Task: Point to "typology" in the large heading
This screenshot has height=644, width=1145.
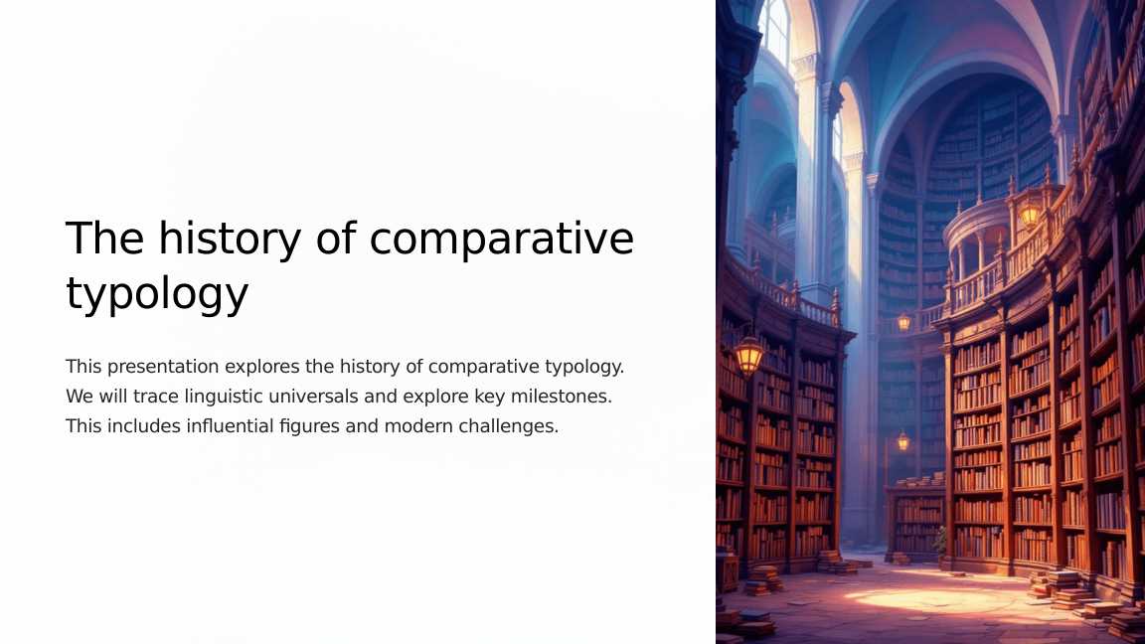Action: tap(157, 295)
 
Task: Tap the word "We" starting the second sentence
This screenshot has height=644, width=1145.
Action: tap(80, 397)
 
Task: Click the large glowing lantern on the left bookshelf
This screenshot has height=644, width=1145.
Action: tap(748, 354)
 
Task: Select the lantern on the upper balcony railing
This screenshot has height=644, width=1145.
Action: tap(1030, 213)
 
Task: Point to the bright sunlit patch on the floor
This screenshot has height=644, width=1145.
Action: tap(914, 599)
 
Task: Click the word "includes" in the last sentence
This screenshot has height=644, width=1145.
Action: tap(143, 426)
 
